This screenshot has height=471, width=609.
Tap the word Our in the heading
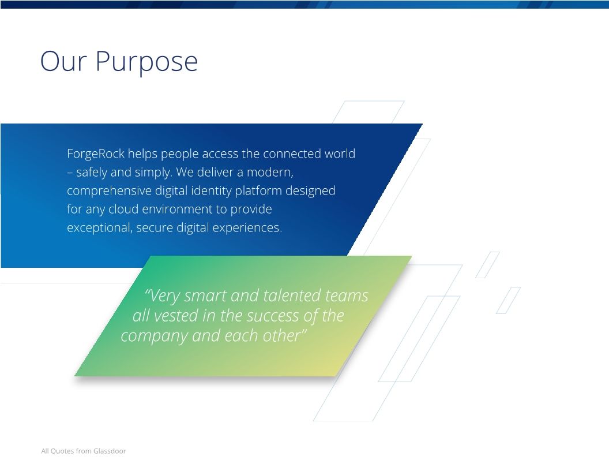(x=63, y=61)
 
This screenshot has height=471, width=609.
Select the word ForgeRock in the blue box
(x=96, y=154)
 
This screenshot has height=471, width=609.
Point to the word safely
(x=92, y=173)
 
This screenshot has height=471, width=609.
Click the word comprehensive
(x=109, y=191)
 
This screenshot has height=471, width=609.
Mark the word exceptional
(x=100, y=228)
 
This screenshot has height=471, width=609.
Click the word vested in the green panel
(x=176, y=316)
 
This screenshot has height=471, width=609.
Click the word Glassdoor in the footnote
(x=110, y=451)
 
